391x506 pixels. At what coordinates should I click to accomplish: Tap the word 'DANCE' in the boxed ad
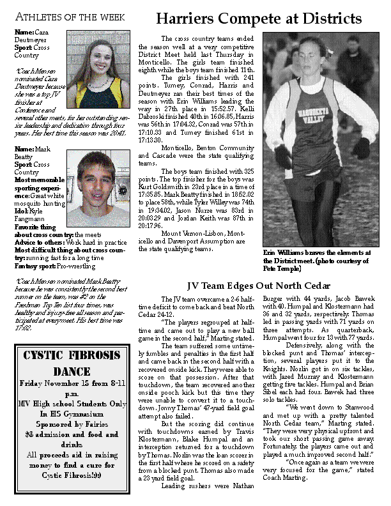[72, 371]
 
